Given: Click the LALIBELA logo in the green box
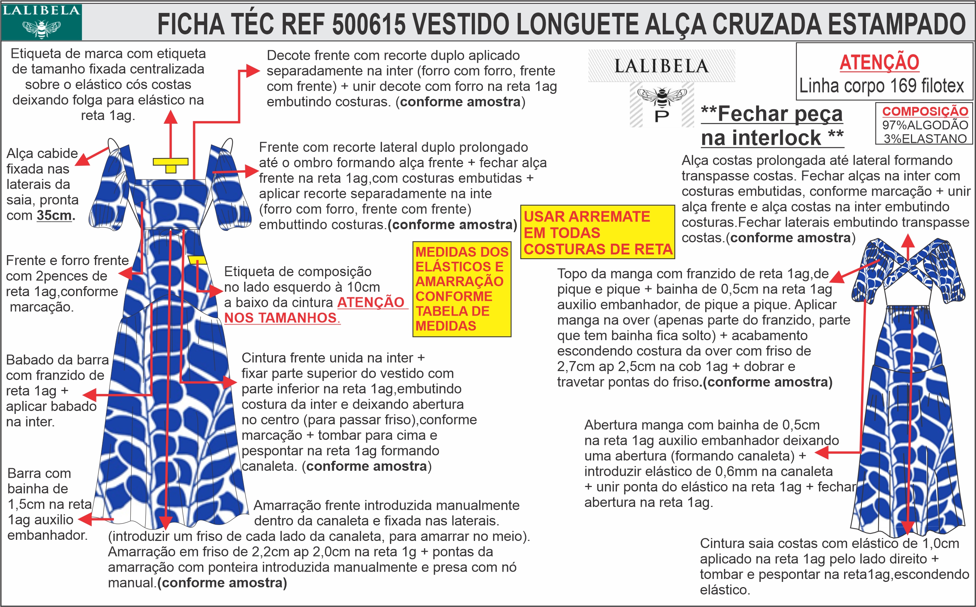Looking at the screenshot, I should (x=41, y=22).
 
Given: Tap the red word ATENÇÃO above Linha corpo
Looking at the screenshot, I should (x=879, y=62).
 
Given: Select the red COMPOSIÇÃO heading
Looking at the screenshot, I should (x=925, y=111).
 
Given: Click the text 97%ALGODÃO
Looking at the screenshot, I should (x=925, y=125).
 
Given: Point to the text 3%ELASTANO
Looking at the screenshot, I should (x=925, y=139).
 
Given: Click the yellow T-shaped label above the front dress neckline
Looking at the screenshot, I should (x=171, y=164).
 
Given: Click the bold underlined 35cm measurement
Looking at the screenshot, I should (x=54, y=216).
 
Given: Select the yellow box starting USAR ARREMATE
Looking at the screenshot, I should (x=597, y=232).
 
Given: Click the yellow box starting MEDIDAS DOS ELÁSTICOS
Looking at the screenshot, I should (x=461, y=289).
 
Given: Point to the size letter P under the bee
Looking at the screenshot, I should (x=662, y=116).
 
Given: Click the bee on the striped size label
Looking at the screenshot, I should (x=662, y=96).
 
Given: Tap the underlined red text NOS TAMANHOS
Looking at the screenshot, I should (x=281, y=318).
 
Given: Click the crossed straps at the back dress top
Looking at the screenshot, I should (x=908, y=263).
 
